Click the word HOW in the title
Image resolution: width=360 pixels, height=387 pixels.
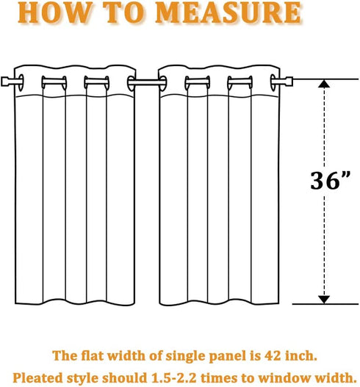click(55, 13)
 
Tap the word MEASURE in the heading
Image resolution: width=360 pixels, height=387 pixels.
click(228, 13)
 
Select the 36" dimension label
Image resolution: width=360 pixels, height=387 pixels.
click(330, 181)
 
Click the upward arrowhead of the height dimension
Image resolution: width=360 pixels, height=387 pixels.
click(324, 84)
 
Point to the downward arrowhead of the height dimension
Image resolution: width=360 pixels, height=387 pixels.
click(324, 300)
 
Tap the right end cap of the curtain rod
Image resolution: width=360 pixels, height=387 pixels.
click(289, 82)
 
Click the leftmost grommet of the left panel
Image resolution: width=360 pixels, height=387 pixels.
click(21, 82)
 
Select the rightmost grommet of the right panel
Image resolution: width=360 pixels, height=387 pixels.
click(274, 82)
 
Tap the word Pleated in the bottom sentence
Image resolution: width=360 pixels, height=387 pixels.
click(37, 378)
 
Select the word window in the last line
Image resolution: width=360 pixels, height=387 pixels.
click(279, 378)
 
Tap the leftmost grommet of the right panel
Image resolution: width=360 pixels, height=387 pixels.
click(163, 82)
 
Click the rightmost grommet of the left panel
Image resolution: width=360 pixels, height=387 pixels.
click(131, 82)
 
